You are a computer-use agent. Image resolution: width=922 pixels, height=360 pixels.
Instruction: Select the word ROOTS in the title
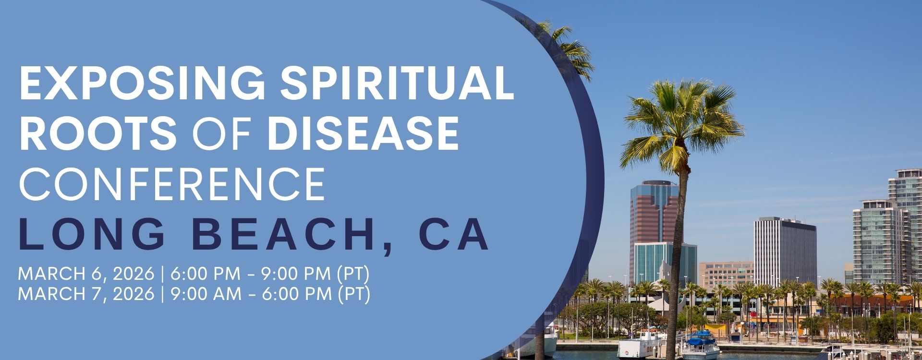(x=96, y=131)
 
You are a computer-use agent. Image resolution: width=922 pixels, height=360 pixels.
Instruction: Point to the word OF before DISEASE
(x=220, y=131)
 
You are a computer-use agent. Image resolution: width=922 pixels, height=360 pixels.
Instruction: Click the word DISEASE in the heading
(x=363, y=131)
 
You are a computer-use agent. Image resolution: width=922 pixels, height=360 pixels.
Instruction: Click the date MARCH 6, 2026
(x=86, y=274)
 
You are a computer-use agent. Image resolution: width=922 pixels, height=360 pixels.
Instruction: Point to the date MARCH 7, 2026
(x=86, y=294)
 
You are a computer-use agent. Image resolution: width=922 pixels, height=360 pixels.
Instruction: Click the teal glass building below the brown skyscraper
(x=665, y=264)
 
